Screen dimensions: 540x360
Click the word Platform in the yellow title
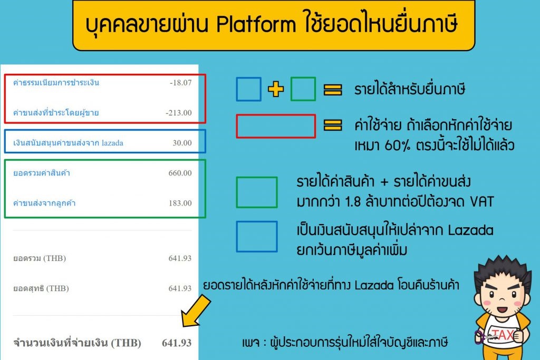click(x=256, y=24)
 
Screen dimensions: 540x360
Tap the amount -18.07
click(x=181, y=83)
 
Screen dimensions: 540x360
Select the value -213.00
click(x=179, y=113)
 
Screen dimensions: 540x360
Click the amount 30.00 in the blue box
click(x=182, y=143)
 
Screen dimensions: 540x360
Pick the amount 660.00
click(x=180, y=173)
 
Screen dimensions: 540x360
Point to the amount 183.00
click(x=180, y=203)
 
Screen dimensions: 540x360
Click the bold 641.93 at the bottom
click(x=177, y=343)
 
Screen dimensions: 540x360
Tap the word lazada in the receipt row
click(x=112, y=143)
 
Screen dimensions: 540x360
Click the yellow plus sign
click(x=276, y=89)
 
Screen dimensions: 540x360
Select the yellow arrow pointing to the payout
click(x=195, y=312)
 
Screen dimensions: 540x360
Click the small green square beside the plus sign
click(x=303, y=89)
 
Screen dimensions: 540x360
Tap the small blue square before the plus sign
click(x=249, y=89)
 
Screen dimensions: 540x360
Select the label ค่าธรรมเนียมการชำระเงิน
click(x=56, y=83)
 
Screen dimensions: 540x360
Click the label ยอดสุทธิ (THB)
click(x=41, y=288)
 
